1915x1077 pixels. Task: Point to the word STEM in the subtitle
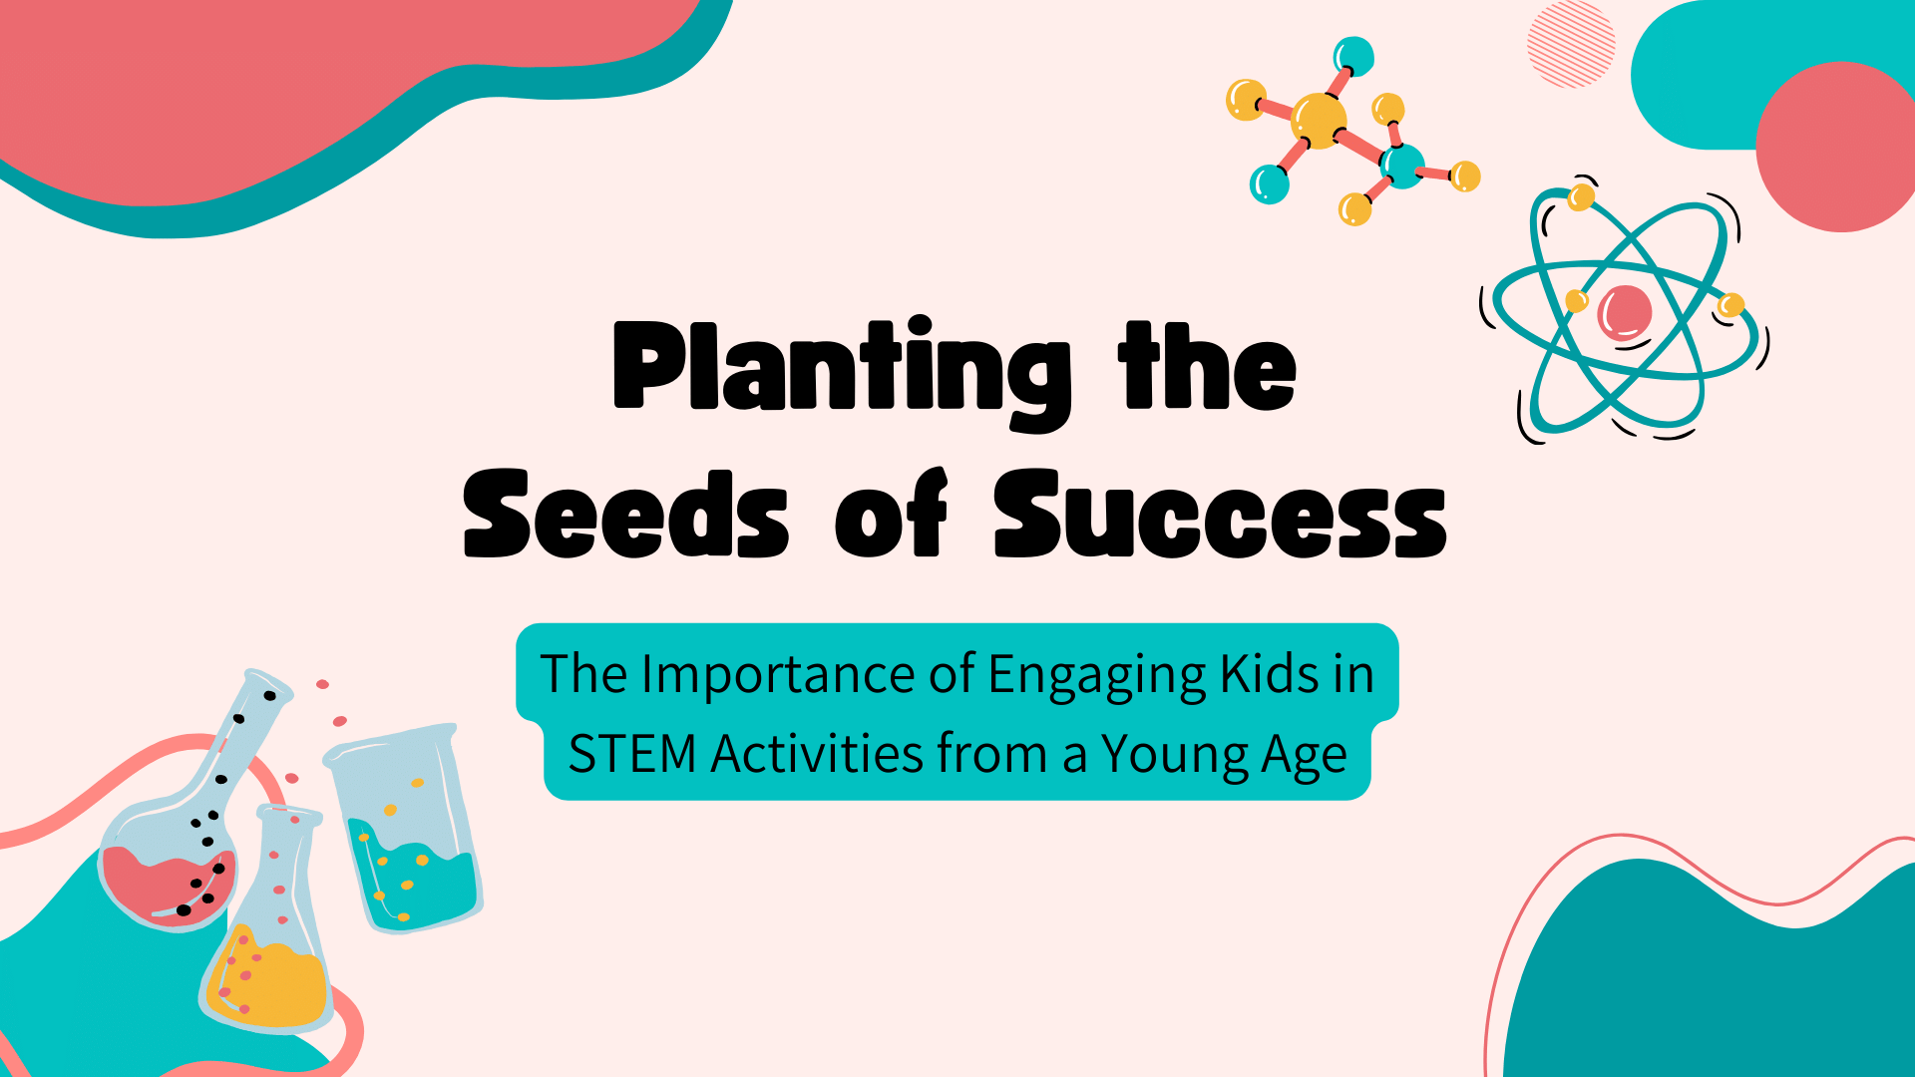[x=631, y=754]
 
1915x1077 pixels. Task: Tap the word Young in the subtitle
[x=1175, y=756]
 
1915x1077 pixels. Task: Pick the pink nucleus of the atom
[x=1625, y=312]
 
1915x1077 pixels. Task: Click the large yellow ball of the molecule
[x=1319, y=121]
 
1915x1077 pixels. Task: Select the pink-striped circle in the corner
[x=1571, y=45]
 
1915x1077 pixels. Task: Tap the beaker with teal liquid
[x=406, y=833]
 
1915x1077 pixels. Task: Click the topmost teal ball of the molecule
[x=1353, y=56]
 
